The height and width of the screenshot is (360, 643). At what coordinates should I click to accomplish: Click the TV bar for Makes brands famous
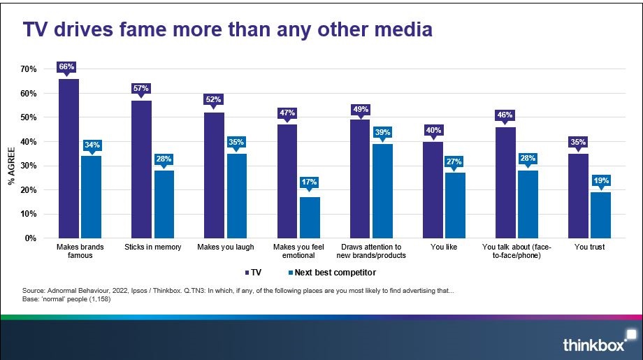click(68, 159)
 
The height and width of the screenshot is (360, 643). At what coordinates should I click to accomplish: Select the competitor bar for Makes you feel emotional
click(310, 217)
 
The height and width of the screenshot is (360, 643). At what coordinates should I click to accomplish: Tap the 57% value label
click(141, 89)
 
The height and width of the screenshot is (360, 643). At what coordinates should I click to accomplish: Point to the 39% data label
click(382, 132)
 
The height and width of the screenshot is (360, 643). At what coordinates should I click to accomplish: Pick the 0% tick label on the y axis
click(30, 238)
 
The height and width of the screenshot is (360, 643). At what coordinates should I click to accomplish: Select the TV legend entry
click(255, 271)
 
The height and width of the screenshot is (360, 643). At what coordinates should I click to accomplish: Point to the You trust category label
click(589, 247)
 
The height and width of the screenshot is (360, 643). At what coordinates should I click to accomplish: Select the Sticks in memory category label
click(152, 247)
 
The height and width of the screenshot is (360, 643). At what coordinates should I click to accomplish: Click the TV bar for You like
click(433, 190)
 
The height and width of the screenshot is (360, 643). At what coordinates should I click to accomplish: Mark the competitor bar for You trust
click(600, 215)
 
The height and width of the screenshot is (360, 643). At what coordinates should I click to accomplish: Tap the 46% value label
click(505, 115)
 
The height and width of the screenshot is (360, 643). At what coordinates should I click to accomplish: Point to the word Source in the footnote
click(34, 289)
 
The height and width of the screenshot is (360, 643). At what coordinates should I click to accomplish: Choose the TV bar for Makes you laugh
click(214, 175)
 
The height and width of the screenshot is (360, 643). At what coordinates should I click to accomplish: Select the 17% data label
click(310, 182)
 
